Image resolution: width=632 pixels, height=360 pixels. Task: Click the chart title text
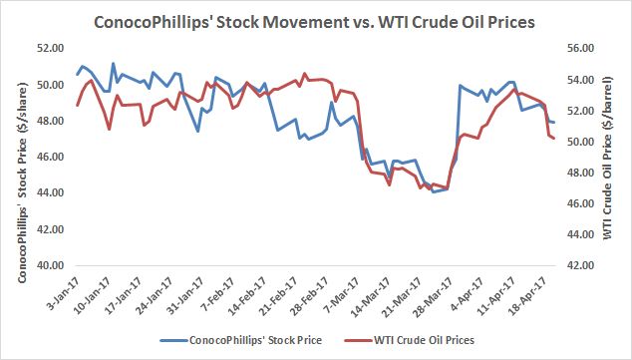tap(314, 22)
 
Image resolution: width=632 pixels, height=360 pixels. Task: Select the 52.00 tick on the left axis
tap(51, 49)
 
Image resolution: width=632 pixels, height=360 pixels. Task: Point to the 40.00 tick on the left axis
tap(51, 265)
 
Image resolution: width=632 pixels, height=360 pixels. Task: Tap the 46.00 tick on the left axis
tap(51, 157)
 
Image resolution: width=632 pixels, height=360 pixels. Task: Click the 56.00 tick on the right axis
tap(580, 49)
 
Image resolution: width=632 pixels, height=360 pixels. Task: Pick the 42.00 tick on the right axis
tap(580, 265)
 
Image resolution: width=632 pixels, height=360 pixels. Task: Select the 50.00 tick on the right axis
tap(580, 142)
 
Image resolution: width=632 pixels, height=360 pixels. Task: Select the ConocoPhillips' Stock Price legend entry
tap(241, 340)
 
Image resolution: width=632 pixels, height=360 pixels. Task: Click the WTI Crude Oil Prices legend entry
tap(410, 340)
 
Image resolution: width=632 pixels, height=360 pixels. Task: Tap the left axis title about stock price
tap(22, 182)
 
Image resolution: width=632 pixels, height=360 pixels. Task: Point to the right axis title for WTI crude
tap(608, 158)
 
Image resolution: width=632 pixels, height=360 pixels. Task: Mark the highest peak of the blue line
tap(113, 63)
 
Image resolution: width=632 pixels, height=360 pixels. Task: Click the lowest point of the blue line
tap(434, 191)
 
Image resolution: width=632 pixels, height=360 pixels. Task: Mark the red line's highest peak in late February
tap(304, 74)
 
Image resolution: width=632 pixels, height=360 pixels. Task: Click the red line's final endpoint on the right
tap(554, 139)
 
